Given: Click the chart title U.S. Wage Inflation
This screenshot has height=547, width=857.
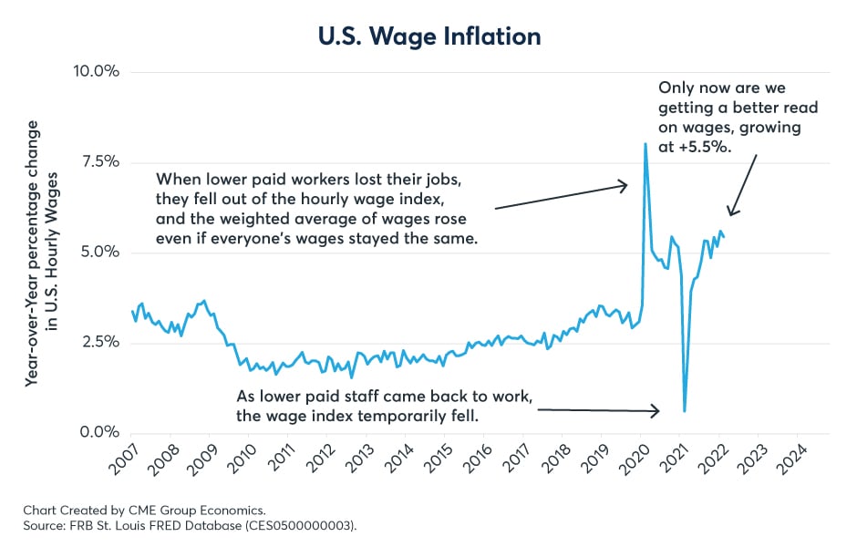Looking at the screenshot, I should coord(428,36).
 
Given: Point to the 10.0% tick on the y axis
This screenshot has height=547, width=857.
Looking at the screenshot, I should coord(96,72).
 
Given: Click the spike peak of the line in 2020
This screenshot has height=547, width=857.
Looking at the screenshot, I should coord(645,143).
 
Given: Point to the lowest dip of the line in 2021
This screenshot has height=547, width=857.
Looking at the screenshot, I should coord(685,411).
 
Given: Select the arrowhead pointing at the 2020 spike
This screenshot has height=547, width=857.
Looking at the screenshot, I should coord(625,186).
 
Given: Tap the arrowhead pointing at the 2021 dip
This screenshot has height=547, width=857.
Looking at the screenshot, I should coord(657,411).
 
